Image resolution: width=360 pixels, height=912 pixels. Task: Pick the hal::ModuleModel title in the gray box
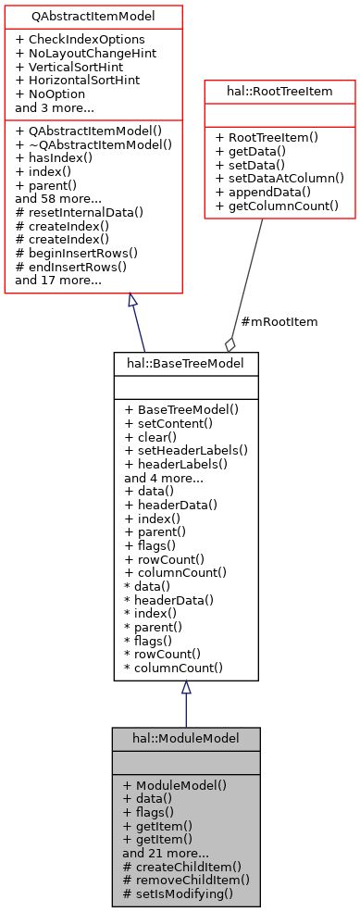point(186,739)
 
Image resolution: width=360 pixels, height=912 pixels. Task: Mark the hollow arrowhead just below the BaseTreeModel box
point(186,688)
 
